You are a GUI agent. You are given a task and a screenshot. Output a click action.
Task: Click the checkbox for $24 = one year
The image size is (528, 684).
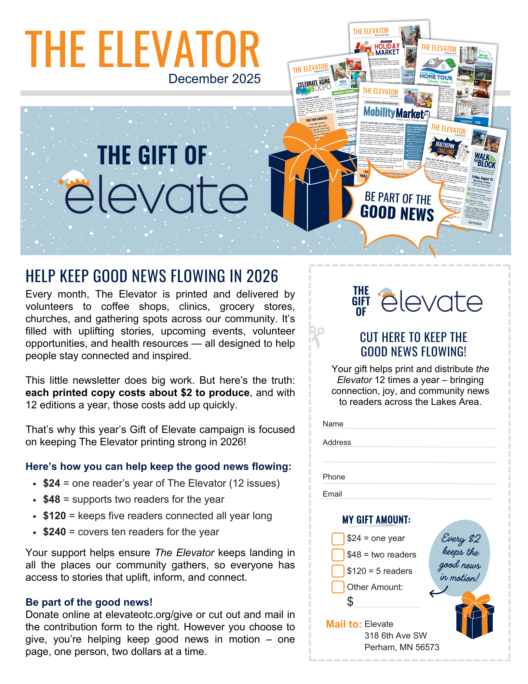[x=338, y=538]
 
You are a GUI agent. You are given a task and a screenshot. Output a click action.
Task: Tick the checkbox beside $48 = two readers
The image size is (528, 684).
[x=338, y=555]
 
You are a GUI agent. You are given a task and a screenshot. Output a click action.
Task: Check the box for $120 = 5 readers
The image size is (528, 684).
[x=338, y=571]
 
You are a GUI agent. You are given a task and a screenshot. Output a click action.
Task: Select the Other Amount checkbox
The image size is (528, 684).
[x=338, y=587]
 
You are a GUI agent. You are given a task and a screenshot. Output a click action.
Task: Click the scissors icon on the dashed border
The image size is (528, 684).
[x=316, y=337]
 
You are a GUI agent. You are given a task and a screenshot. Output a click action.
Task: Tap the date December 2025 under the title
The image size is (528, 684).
[x=214, y=79]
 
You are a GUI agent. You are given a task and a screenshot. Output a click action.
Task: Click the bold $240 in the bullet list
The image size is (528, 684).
[x=54, y=532]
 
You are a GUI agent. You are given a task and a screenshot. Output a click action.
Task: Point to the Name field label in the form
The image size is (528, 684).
[x=333, y=424]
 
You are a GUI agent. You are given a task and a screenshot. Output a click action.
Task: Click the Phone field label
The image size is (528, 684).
[x=334, y=477]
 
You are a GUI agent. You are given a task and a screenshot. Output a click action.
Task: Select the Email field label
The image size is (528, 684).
[x=332, y=494]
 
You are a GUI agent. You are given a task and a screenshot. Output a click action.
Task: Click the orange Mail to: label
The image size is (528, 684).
[x=343, y=624]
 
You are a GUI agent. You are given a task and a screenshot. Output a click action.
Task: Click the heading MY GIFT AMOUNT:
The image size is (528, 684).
[x=376, y=520]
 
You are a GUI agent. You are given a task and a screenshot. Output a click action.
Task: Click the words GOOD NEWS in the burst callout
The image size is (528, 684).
[x=397, y=213]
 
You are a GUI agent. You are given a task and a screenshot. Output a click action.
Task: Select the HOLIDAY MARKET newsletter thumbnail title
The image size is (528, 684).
[x=387, y=49]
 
